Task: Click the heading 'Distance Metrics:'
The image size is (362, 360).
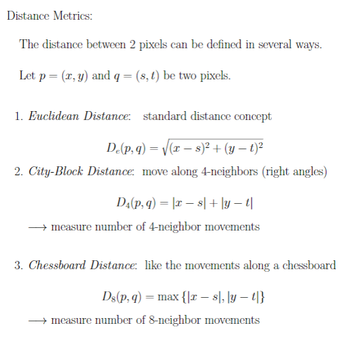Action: click(50, 16)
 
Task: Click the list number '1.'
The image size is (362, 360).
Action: click(19, 116)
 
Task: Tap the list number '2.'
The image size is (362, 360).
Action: click(19, 171)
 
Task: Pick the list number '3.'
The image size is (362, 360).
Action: click(19, 265)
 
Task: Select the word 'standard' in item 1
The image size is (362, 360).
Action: click(165, 116)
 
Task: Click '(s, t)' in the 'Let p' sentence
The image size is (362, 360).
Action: click(147, 76)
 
